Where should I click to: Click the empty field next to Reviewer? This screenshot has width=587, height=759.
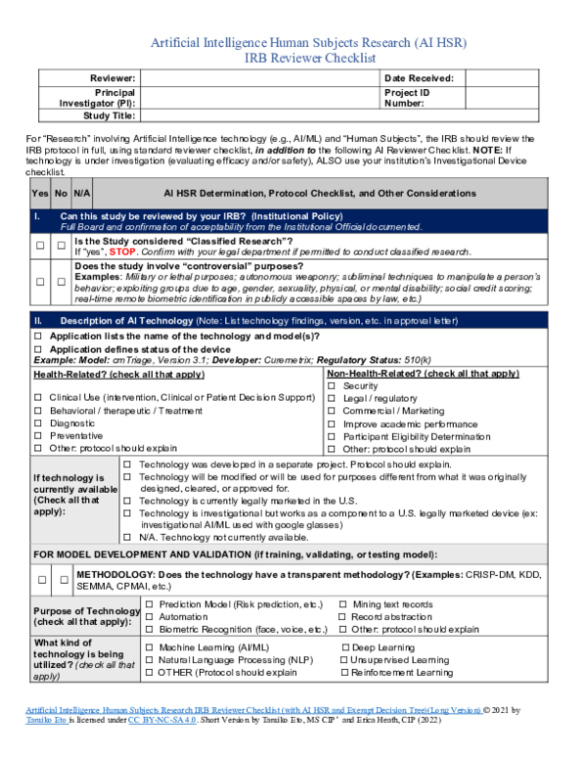click(259, 78)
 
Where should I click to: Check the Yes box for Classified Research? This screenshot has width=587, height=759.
click(40, 246)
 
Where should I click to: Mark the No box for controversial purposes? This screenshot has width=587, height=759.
click(61, 281)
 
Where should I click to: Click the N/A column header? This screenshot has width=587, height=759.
click(82, 194)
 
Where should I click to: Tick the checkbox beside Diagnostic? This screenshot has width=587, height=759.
click(38, 424)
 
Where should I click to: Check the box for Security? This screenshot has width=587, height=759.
click(333, 386)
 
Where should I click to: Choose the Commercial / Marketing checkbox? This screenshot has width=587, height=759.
click(333, 412)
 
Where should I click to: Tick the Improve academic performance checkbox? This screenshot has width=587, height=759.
click(333, 424)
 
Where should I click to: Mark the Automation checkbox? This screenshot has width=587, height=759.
click(150, 617)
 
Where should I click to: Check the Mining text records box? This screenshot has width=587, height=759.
click(342, 604)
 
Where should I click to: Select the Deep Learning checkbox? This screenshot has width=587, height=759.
click(345, 647)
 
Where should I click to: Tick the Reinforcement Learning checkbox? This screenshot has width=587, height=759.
click(345, 673)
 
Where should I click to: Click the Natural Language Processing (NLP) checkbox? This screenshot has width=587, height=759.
click(150, 660)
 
